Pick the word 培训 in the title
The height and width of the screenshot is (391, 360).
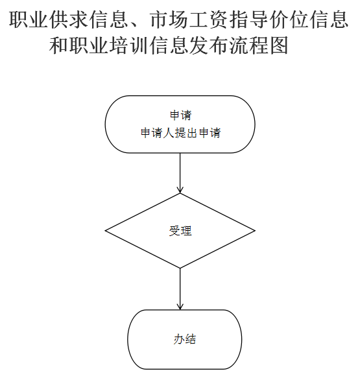[x=129, y=45]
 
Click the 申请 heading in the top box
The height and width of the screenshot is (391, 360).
[x=180, y=115]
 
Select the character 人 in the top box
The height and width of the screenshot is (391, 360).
[x=169, y=132]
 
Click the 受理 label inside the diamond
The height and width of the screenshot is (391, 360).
[x=180, y=231]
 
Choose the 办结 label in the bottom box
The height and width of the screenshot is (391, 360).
[x=185, y=339]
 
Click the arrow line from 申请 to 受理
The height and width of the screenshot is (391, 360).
[x=180, y=173]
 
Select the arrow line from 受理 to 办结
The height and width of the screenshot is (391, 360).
[x=180, y=289]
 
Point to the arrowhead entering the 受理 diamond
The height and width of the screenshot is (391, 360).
[x=180, y=190]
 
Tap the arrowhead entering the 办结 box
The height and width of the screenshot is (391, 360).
[x=180, y=307]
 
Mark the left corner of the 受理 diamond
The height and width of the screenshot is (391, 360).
[x=105, y=231]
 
